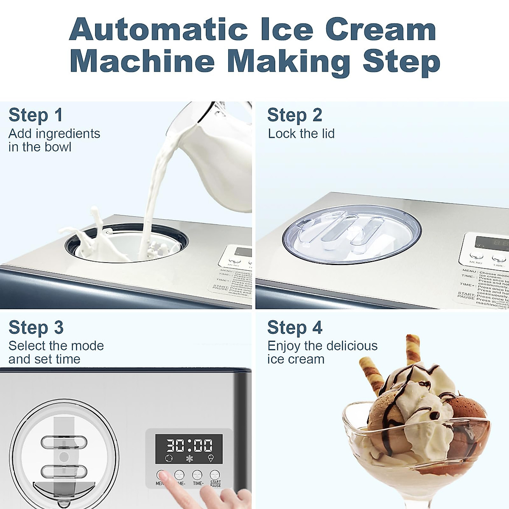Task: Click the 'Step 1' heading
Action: [36, 115]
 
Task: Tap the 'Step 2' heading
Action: [294, 115]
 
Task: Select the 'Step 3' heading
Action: [36, 327]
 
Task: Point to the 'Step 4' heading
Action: [295, 327]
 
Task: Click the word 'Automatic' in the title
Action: [158, 30]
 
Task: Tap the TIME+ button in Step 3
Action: [197, 475]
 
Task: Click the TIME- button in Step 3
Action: [179, 475]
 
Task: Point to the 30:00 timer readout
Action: [189, 445]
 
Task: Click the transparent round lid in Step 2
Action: [352, 235]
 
